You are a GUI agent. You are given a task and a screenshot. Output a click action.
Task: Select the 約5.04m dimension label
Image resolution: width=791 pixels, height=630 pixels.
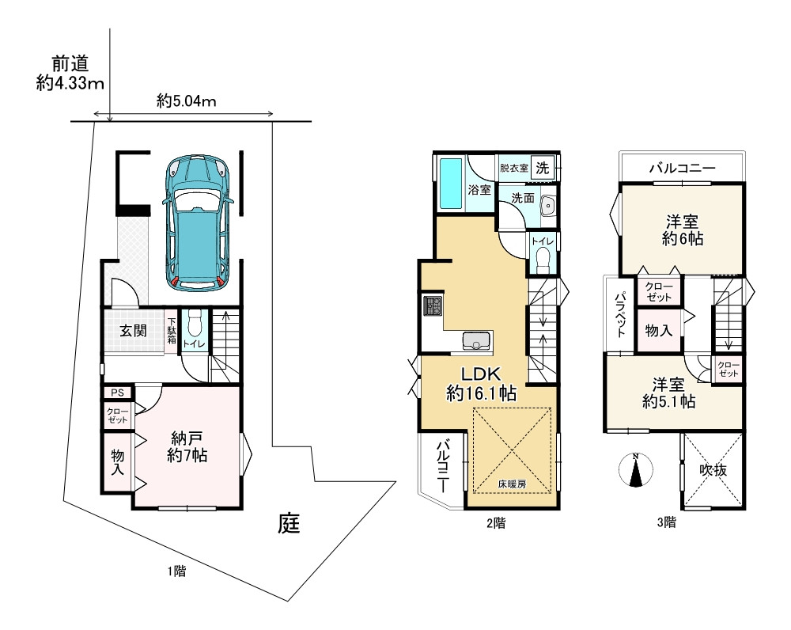pos(186,101)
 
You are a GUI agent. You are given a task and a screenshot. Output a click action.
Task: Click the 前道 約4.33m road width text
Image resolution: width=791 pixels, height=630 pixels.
pos(70,74)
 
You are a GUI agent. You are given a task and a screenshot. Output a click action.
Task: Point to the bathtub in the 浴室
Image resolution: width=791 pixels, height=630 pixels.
pos(452,184)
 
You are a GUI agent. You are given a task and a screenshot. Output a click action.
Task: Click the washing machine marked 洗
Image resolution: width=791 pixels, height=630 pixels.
pos(543,167)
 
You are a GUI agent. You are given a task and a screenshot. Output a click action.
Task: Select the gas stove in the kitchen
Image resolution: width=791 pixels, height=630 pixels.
pos(433,306)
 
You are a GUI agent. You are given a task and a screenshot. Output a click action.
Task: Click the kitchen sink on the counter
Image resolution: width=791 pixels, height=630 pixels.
pos(475,341)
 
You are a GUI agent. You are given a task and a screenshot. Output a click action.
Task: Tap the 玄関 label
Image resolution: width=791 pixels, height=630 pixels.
pos(133,331)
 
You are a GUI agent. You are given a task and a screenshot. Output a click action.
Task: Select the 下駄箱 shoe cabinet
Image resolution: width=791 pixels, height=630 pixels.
pos(172,331)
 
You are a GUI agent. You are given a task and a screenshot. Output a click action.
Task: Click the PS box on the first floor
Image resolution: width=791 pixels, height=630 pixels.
pos(118,393)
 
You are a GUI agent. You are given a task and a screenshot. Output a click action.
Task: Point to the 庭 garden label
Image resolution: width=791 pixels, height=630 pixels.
pos(289,524)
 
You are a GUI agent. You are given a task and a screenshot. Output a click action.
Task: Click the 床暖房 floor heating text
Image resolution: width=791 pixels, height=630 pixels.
pos(512,484)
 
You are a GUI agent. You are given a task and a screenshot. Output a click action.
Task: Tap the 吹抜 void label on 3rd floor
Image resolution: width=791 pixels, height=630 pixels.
pos(713,470)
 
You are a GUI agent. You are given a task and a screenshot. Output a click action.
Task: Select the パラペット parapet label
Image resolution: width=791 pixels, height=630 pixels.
pos(622,313)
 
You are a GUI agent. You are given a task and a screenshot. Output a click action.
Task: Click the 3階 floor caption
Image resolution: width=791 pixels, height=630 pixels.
pos(666,522)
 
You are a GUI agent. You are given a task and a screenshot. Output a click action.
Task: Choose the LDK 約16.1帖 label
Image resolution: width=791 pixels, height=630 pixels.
pos(482,384)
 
